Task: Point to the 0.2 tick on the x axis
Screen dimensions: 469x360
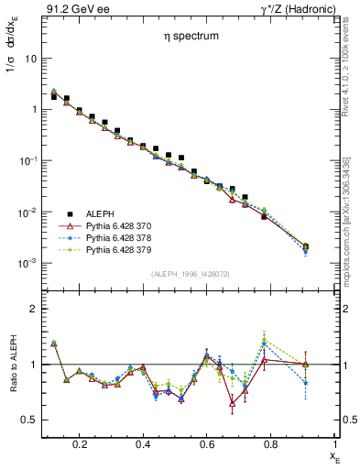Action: coord(80,444)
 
